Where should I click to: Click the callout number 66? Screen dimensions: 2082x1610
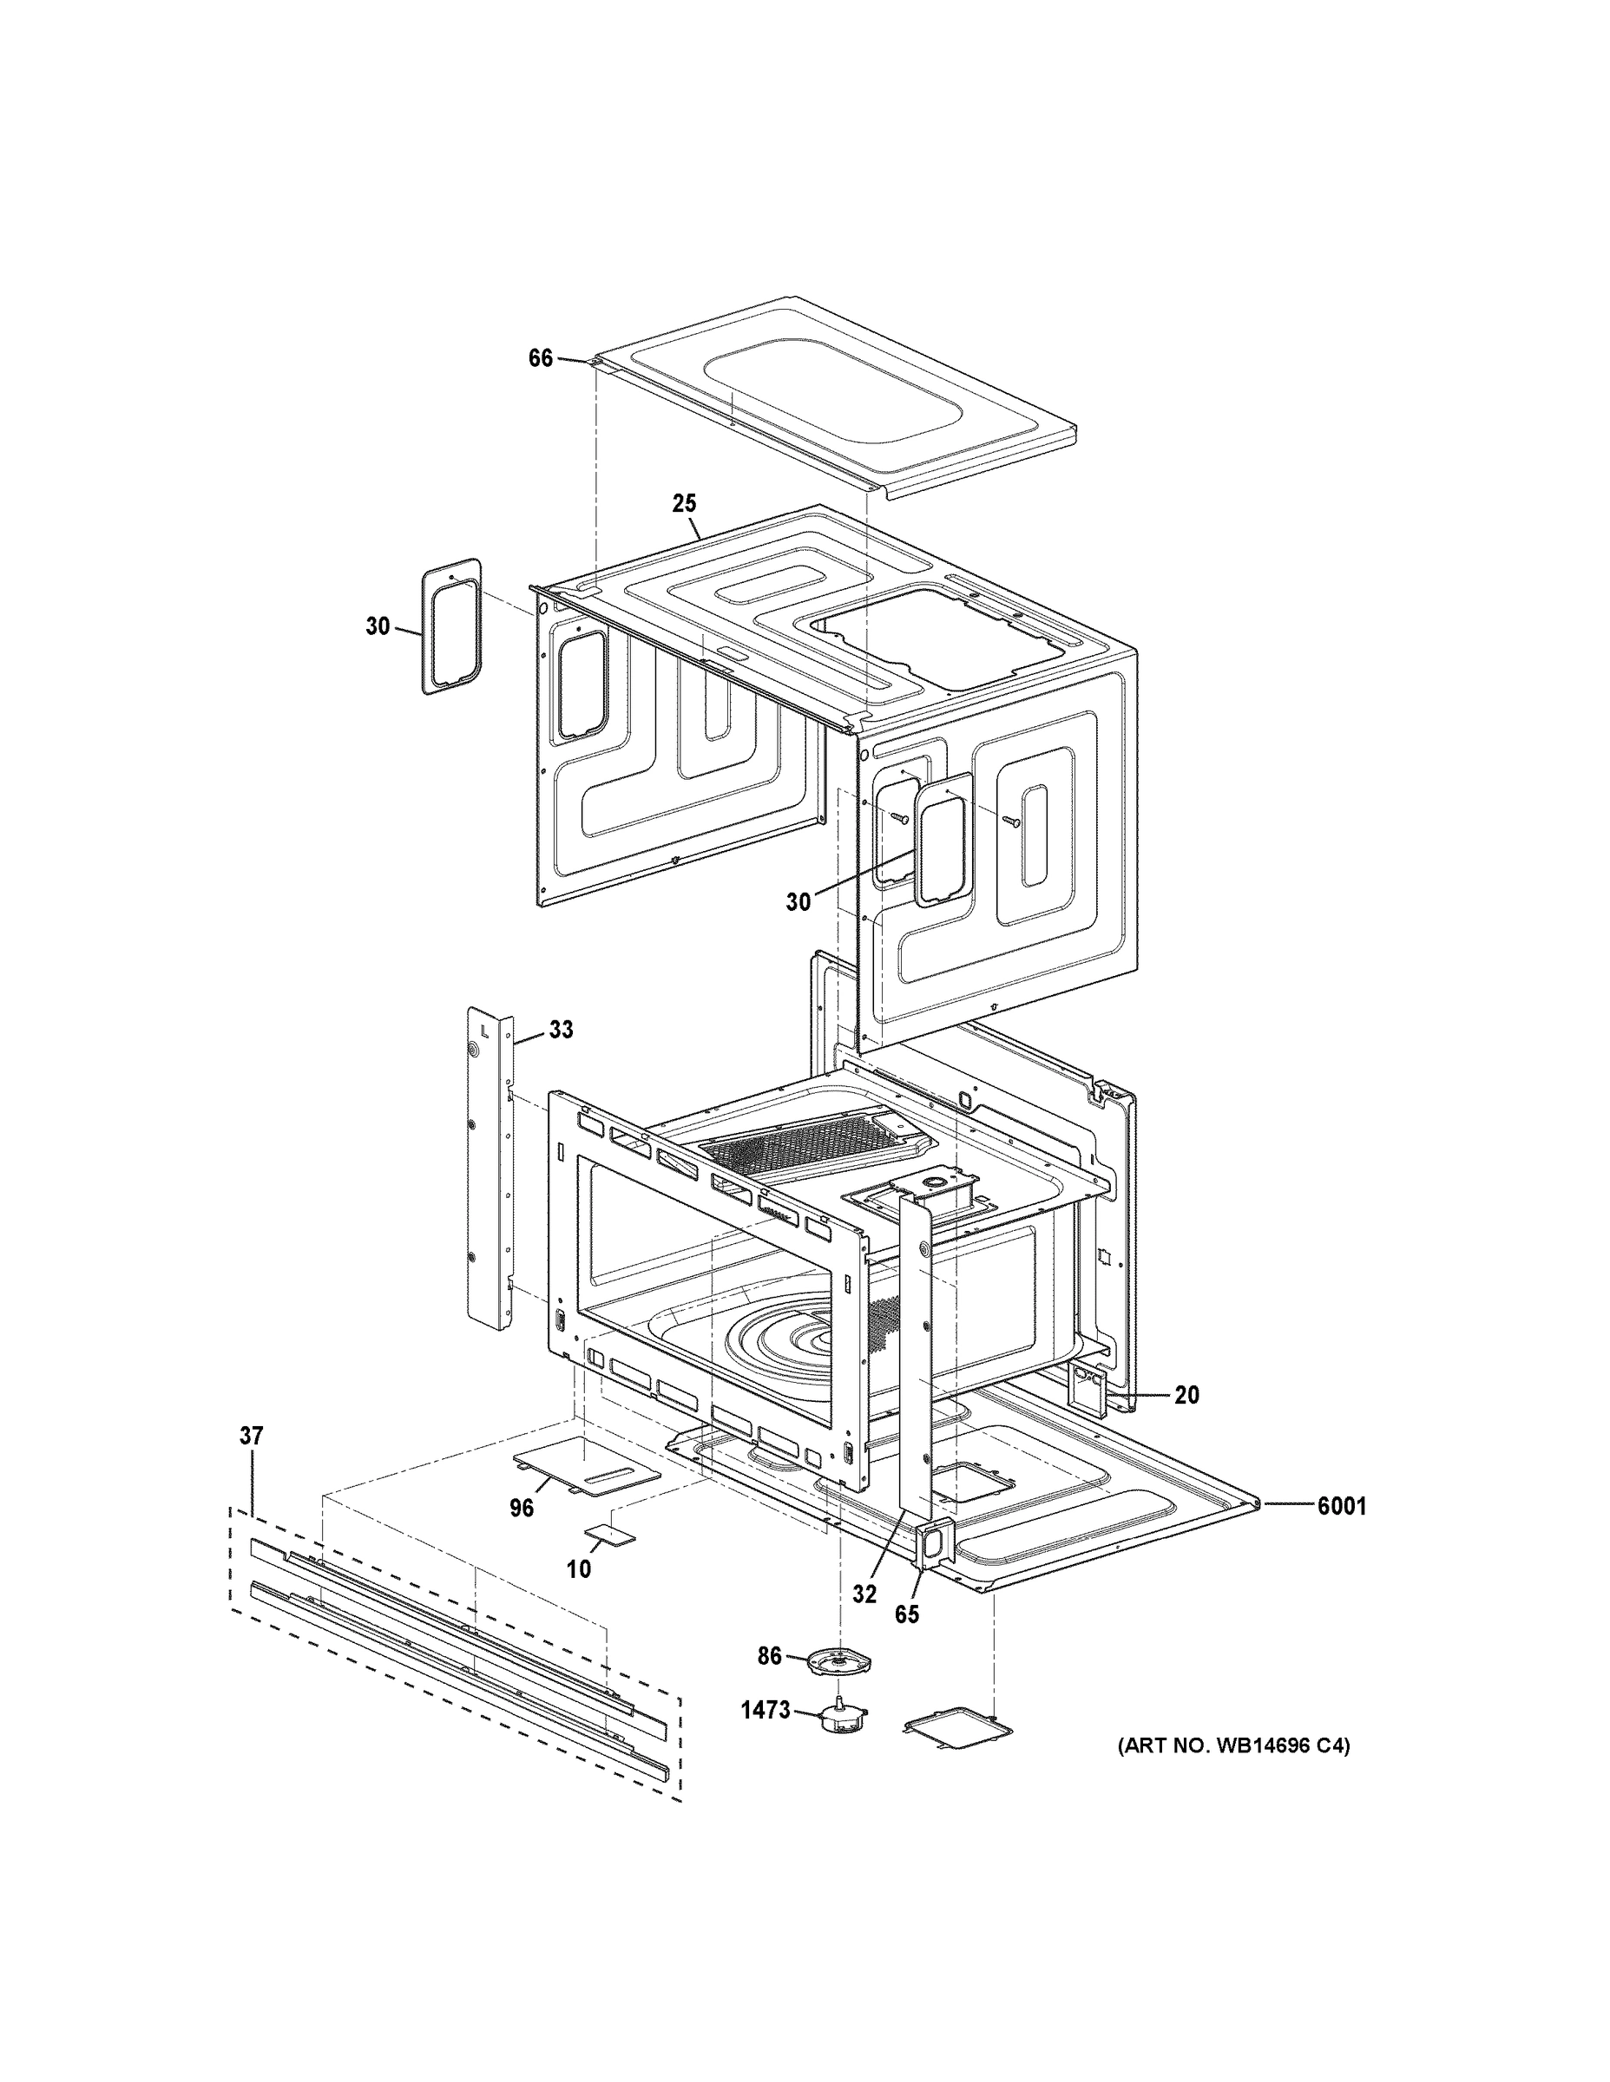click(x=540, y=358)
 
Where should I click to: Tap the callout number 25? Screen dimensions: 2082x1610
click(x=684, y=502)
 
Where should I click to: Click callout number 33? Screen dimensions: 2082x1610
click(x=561, y=1030)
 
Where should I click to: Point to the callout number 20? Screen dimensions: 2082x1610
click(x=1186, y=1395)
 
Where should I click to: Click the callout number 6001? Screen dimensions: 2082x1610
click(x=1341, y=1506)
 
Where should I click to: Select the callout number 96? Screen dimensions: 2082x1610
click(x=522, y=1507)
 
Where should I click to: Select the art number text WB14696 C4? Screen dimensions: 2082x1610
click(x=1233, y=1746)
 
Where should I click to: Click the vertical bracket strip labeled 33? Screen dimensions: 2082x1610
click(x=490, y=1168)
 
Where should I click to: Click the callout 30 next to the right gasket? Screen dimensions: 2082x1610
click(x=798, y=900)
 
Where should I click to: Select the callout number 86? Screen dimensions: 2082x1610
click(x=770, y=1657)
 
